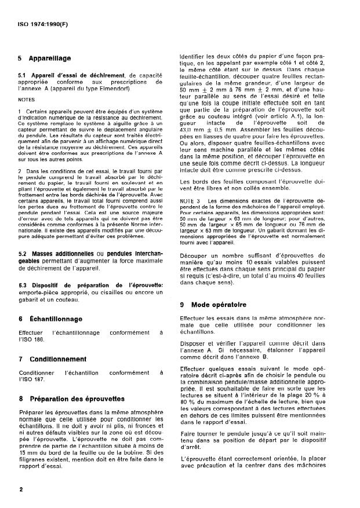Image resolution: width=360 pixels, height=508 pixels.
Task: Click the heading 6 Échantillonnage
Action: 50,319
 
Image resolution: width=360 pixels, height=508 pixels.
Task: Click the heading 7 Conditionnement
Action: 53,359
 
